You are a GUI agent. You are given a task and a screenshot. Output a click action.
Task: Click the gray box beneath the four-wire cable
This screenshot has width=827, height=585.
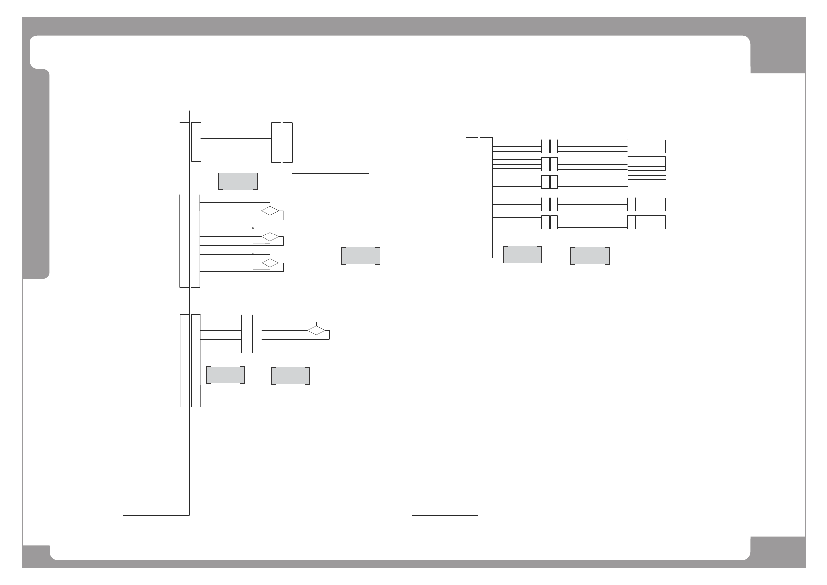click(237, 181)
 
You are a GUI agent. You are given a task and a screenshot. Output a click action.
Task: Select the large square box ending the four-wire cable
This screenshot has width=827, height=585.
click(330, 145)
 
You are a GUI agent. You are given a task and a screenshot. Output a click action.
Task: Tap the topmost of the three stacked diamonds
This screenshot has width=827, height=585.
click(270, 211)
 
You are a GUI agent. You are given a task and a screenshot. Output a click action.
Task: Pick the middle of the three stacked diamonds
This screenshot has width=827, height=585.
click(270, 237)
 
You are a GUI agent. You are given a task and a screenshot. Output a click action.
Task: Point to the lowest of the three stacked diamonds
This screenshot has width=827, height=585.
click(270, 263)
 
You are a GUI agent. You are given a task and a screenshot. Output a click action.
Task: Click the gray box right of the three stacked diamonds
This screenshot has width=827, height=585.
click(360, 256)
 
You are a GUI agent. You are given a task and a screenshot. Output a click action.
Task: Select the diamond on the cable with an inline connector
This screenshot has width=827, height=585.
click(317, 330)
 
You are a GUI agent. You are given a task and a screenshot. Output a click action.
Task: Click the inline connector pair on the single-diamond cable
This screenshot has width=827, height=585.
click(252, 334)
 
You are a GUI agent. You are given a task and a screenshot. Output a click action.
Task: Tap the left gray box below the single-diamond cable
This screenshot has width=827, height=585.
click(225, 375)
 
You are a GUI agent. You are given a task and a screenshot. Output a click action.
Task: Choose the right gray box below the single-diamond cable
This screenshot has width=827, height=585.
click(290, 376)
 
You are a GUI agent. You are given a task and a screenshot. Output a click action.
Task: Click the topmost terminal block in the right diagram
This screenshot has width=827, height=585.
click(647, 146)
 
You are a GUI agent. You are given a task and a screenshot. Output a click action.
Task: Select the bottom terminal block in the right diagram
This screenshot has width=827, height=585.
click(647, 222)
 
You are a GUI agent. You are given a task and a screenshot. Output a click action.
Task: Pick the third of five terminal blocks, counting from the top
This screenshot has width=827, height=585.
click(647, 182)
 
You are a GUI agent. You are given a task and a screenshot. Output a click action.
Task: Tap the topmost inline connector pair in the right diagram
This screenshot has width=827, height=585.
click(549, 146)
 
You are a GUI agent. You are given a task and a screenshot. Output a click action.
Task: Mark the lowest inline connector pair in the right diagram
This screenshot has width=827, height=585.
click(549, 222)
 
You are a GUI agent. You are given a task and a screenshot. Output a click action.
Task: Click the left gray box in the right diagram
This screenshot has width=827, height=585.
click(522, 255)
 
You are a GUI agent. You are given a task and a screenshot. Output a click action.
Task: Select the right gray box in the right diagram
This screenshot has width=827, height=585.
click(590, 256)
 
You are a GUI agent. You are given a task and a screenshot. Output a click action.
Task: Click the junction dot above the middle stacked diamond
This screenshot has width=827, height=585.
click(253, 228)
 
